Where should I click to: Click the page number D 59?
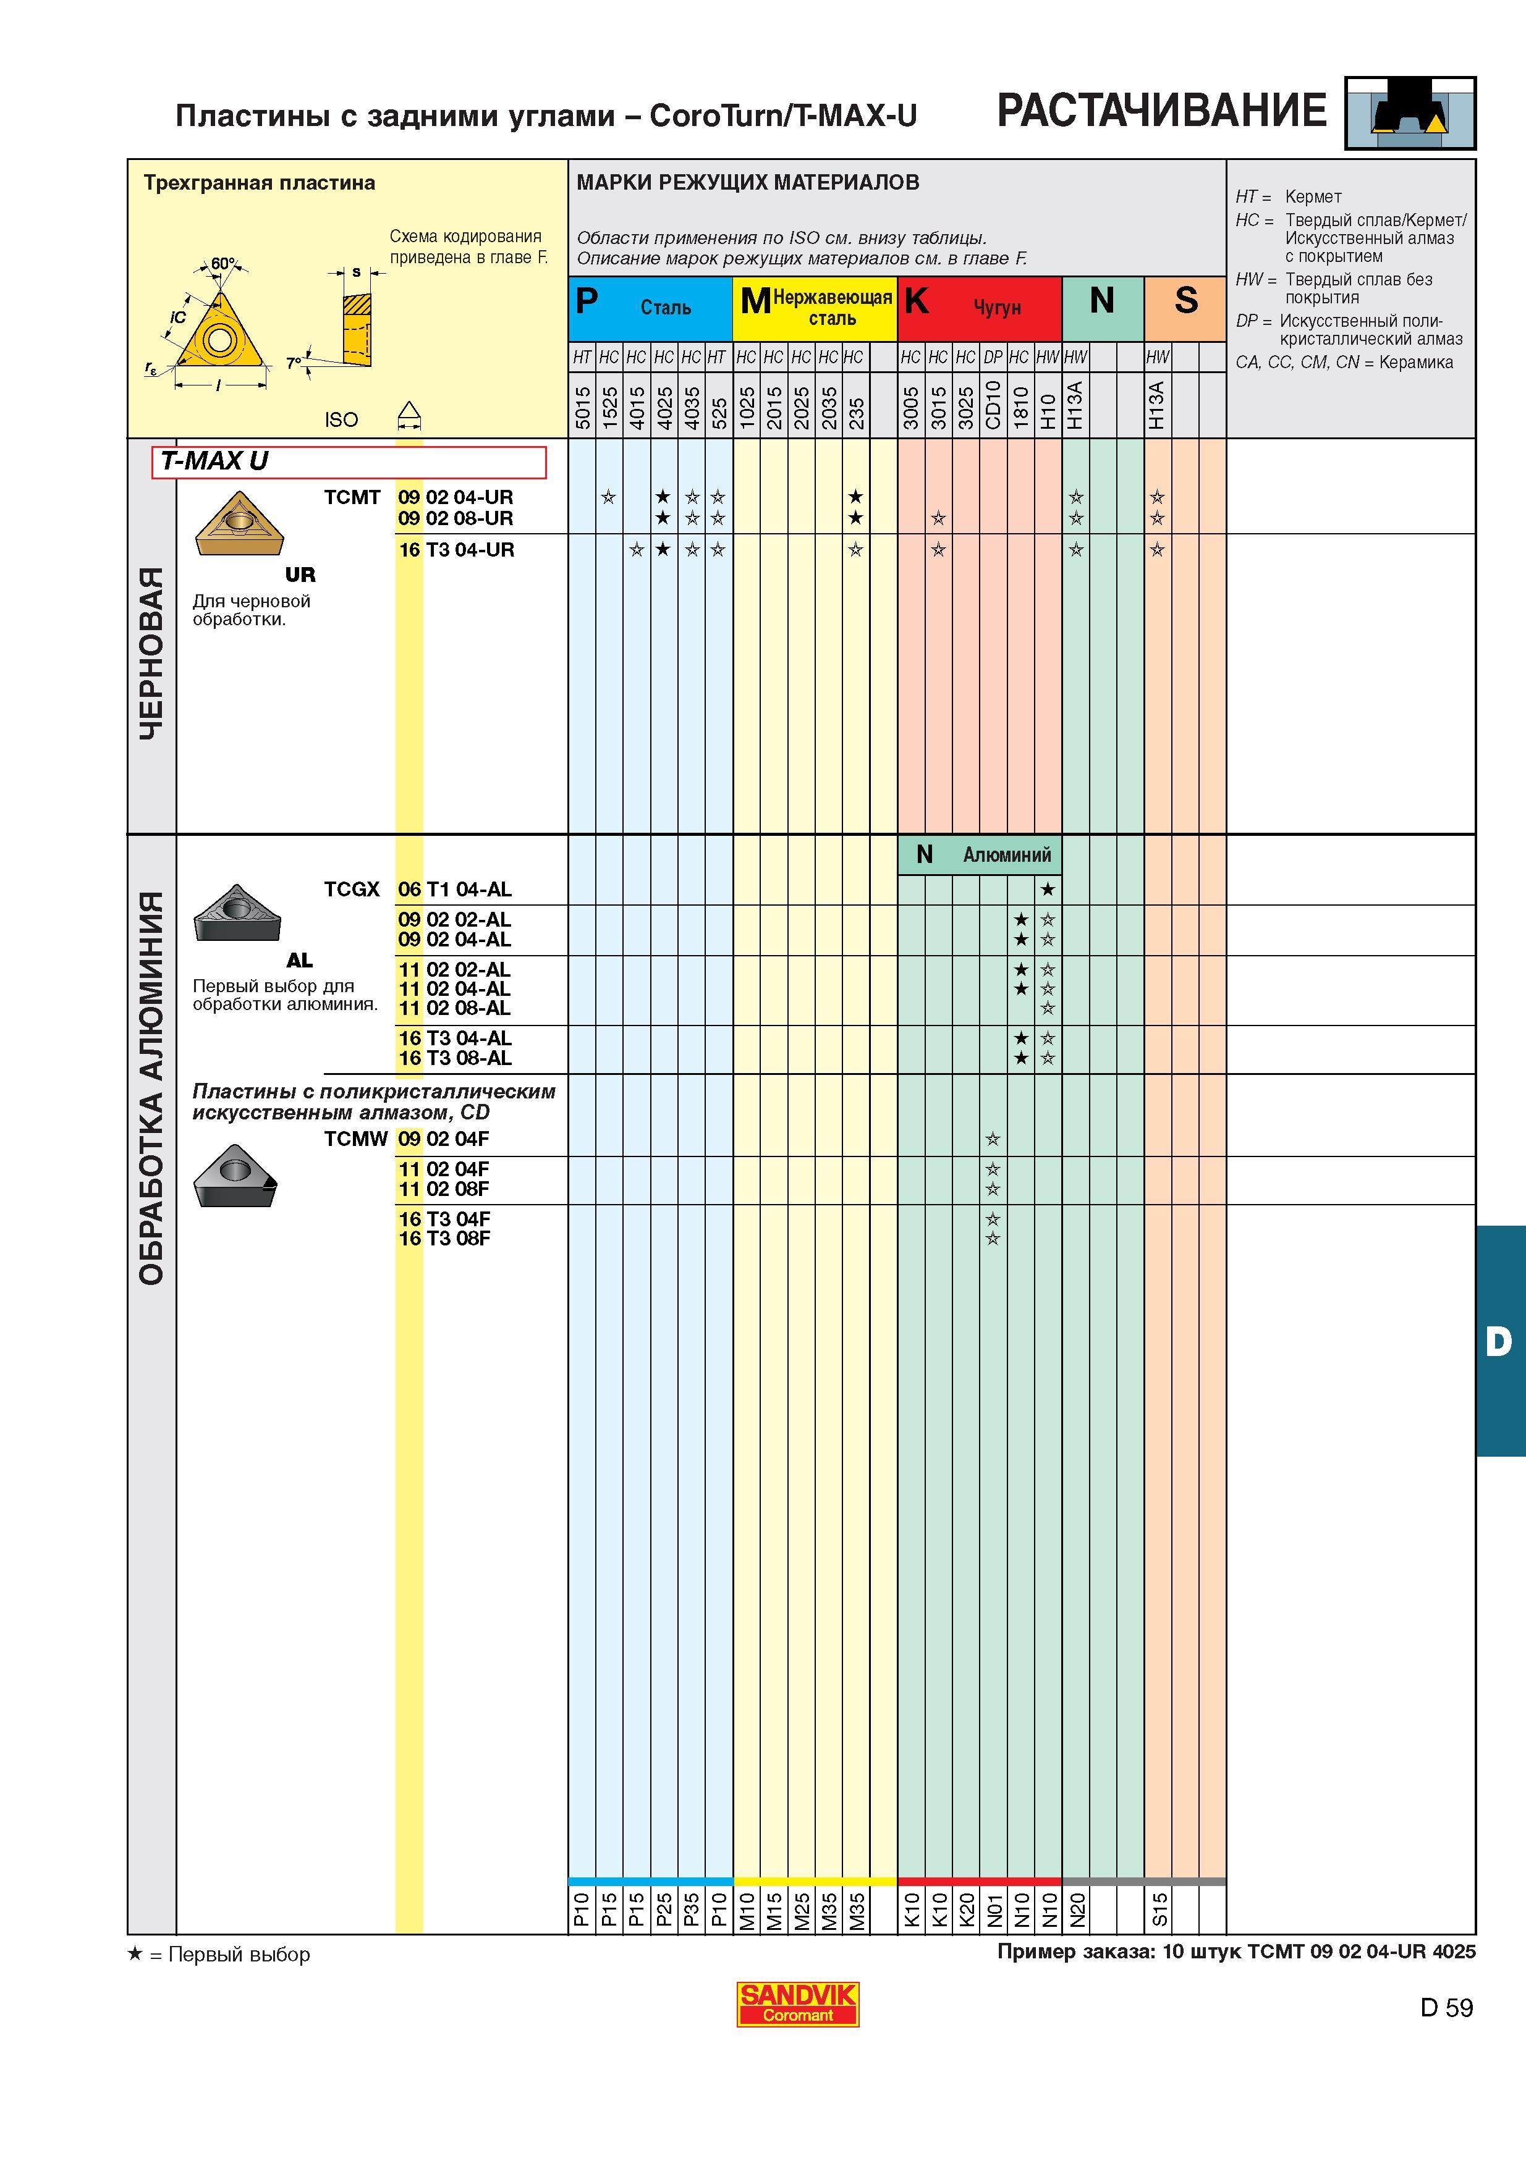click(1446, 2008)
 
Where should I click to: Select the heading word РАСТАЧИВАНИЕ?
click(1161, 111)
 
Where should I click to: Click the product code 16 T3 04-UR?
click(456, 550)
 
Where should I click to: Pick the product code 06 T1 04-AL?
click(454, 889)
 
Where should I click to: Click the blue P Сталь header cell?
click(650, 308)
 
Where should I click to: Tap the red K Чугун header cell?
click(979, 308)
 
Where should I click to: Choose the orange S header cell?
click(1185, 308)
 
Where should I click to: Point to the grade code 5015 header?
click(582, 407)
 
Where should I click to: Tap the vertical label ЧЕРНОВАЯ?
click(151, 654)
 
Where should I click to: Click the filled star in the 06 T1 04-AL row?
click(1048, 889)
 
